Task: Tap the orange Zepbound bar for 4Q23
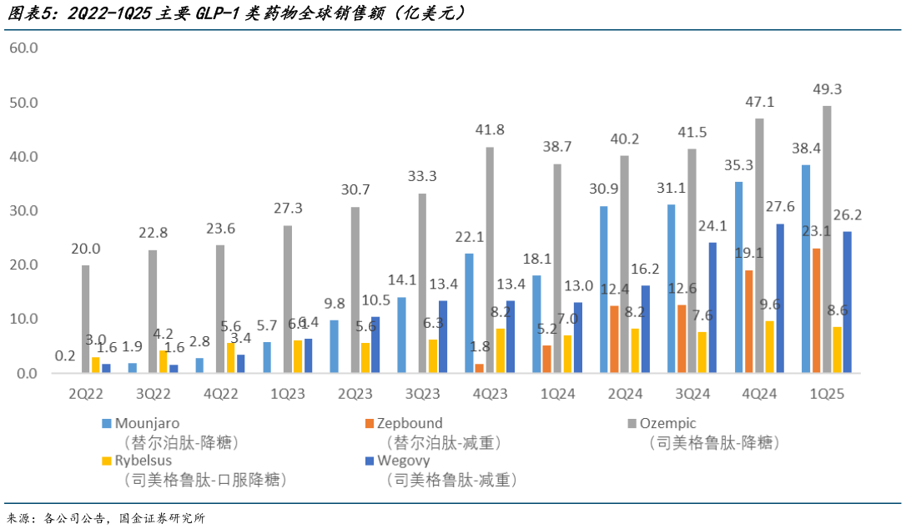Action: click(x=479, y=368)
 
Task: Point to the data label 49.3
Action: click(x=828, y=89)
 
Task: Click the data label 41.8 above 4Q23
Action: click(x=490, y=130)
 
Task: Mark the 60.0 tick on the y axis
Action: click(x=23, y=48)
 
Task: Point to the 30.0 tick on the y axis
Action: click(x=23, y=211)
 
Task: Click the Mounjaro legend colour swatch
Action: click(x=106, y=424)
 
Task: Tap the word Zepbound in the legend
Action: click(x=410, y=424)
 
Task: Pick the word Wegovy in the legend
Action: click(x=404, y=460)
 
